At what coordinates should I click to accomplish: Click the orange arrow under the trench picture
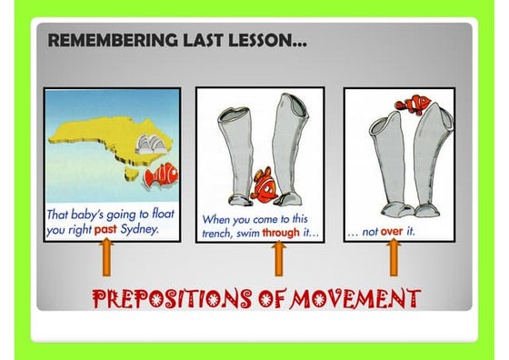coord(279,259)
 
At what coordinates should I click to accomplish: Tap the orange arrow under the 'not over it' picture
coord(394,259)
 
